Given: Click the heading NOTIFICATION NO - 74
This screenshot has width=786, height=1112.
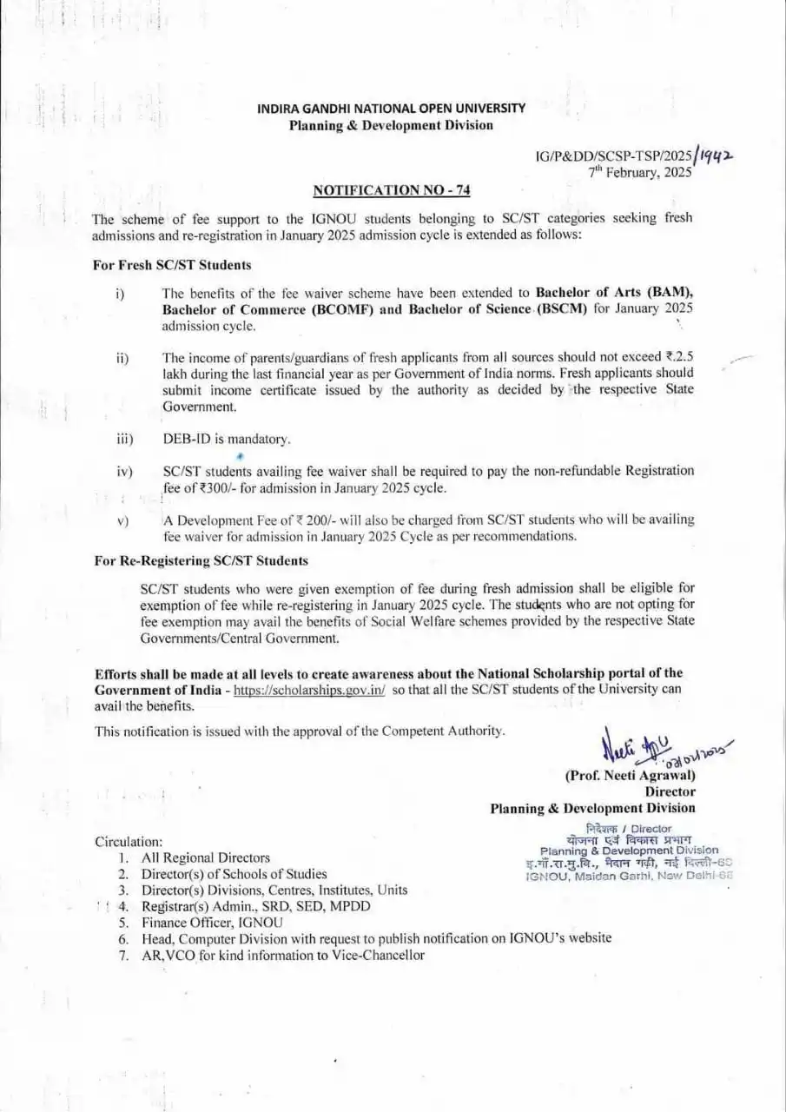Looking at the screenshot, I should click(x=391, y=190).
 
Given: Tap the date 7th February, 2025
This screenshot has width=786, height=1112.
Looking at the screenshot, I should click(x=641, y=172).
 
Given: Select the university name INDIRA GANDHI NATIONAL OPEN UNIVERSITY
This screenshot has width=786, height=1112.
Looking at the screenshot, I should click(x=391, y=109).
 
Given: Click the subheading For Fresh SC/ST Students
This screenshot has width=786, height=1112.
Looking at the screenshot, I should click(x=172, y=265).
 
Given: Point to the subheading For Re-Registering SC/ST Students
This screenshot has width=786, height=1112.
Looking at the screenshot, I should click(x=201, y=561).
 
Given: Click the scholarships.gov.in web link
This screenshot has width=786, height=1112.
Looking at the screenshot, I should click(x=309, y=689).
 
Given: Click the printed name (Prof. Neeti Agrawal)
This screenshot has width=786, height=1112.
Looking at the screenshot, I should click(x=630, y=775).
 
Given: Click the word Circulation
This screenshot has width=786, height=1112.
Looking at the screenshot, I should click(x=129, y=841).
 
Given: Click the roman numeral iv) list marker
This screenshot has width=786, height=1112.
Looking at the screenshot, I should click(x=123, y=472).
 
